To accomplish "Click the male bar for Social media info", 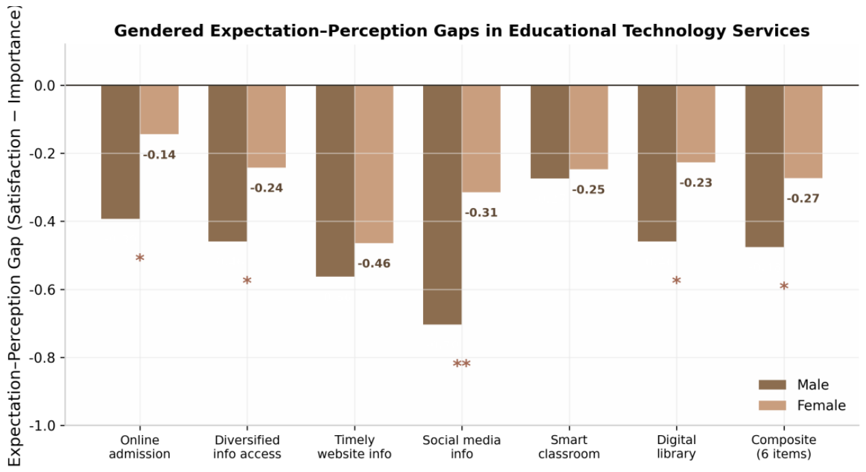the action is pyautogui.click(x=442, y=205).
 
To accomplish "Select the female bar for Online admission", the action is pyautogui.click(x=159, y=110).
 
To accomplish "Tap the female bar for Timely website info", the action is pyautogui.click(x=374, y=164).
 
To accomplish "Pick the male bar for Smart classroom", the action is pyautogui.click(x=550, y=132).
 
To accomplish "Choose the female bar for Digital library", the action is pyautogui.click(x=696, y=123).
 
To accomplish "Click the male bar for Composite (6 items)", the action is pyautogui.click(x=765, y=166).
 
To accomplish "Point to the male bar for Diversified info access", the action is pyautogui.click(x=228, y=164).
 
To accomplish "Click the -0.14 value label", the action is pyautogui.click(x=159, y=155).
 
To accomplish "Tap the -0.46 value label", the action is pyautogui.click(x=374, y=264).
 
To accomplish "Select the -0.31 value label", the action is pyautogui.click(x=481, y=213).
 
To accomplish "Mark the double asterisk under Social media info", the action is pyautogui.click(x=461, y=364).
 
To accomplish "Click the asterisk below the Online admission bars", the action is pyautogui.click(x=140, y=257).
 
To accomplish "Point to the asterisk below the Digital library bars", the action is pyautogui.click(x=676, y=280).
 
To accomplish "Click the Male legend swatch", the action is pyautogui.click(x=773, y=385).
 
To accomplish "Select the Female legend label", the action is pyautogui.click(x=821, y=406).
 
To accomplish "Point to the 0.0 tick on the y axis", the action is pyautogui.click(x=45, y=85).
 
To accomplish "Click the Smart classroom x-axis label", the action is pyautogui.click(x=569, y=447).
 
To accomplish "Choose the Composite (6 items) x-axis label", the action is pyautogui.click(x=783, y=447).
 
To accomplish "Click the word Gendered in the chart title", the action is pyautogui.click(x=159, y=31).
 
